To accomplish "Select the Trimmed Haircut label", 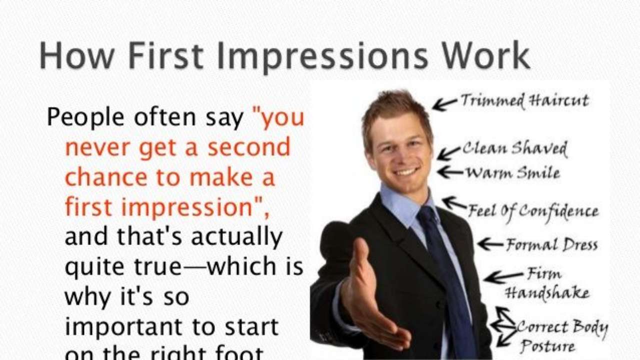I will [x=524, y=100].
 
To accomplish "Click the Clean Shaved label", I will [x=515, y=148].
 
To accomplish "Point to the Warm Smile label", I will [x=513, y=173].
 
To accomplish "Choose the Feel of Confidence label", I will [x=533, y=211].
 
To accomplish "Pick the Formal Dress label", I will [x=551, y=245].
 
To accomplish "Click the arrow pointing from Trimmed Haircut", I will [x=444, y=104].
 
